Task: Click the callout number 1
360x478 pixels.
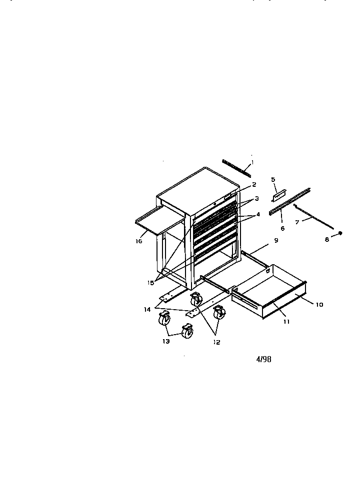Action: [x=252, y=162]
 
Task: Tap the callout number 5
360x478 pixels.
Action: [x=273, y=179]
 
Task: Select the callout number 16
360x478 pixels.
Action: [x=139, y=241]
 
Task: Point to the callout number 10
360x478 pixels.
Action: [x=319, y=304]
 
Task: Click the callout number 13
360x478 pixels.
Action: [x=165, y=342]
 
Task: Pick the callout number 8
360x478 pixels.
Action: [x=326, y=240]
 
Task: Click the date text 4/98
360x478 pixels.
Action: [x=263, y=360]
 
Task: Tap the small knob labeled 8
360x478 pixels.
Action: [x=340, y=233]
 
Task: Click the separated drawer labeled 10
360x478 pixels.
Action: [x=269, y=291]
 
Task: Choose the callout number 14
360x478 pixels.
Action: [x=147, y=309]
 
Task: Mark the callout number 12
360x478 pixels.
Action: [x=216, y=342]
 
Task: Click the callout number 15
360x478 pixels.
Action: [x=150, y=283]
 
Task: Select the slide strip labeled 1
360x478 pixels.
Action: [x=236, y=168]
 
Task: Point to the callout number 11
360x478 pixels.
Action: [x=286, y=321]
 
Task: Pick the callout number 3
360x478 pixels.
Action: [x=256, y=198]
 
